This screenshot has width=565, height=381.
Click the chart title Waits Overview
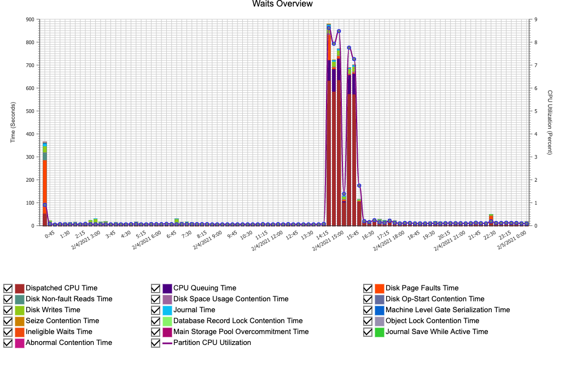click(282, 4)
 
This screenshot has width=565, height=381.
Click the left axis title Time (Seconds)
click(13, 122)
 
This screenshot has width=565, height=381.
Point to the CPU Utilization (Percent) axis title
click(550, 122)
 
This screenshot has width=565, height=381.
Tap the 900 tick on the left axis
click(30, 20)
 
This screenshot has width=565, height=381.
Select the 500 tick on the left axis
click(30, 111)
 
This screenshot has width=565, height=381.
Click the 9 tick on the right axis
click(535, 20)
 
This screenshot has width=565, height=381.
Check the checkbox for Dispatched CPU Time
click(8, 288)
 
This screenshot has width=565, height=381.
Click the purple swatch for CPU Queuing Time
click(167, 288)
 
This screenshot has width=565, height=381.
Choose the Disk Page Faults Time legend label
click(422, 288)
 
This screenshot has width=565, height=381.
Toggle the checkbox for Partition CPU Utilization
click(156, 343)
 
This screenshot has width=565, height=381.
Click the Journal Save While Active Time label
click(436, 332)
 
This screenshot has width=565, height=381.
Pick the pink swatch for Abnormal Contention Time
click(20, 343)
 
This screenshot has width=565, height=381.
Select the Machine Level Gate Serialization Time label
click(447, 310)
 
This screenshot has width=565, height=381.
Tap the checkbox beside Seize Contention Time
click(8, 321)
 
